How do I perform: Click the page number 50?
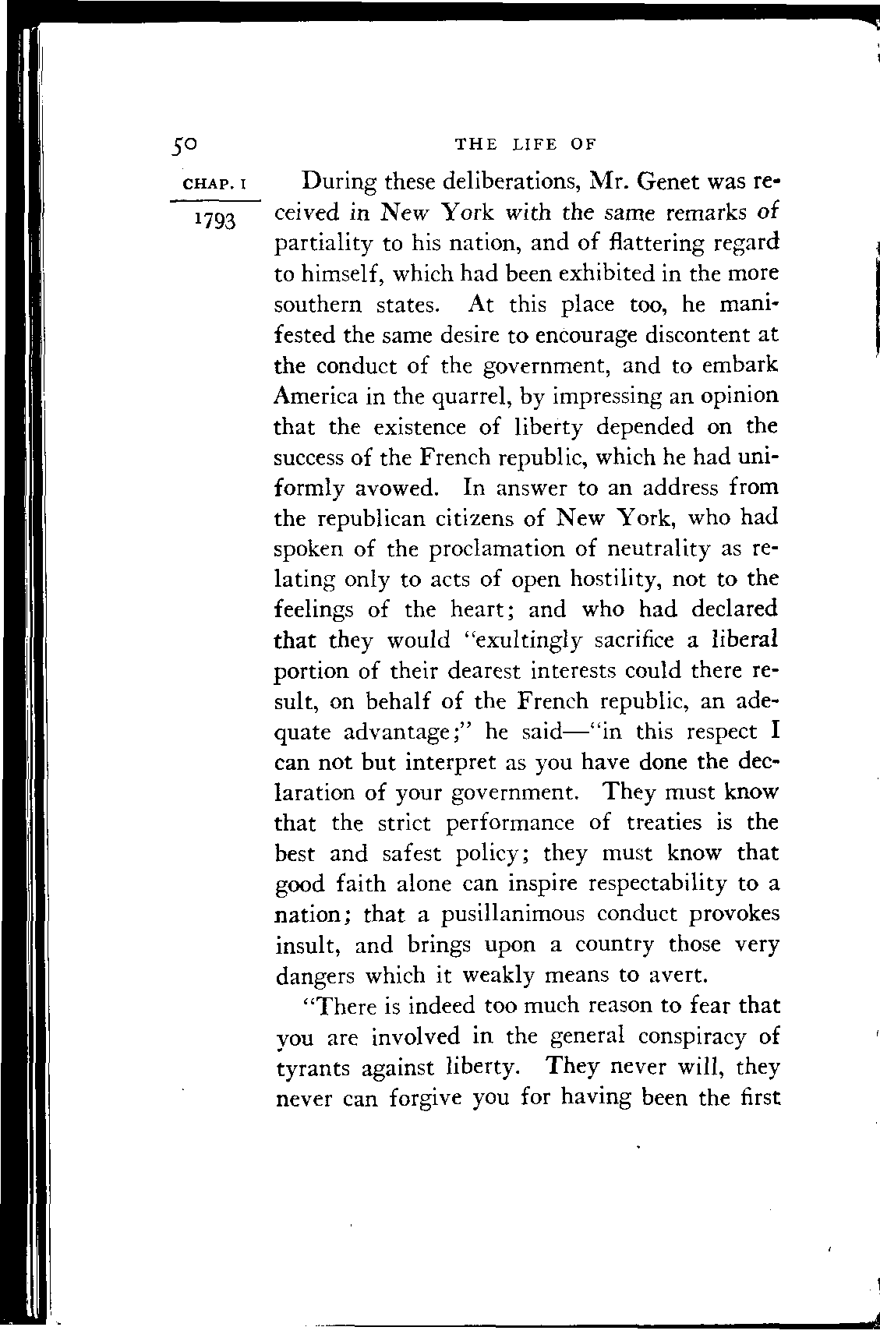tap(188, 143)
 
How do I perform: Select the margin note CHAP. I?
tap(214, 185)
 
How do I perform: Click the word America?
tap(316, 396)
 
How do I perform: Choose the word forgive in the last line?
tap(415, 1099)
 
